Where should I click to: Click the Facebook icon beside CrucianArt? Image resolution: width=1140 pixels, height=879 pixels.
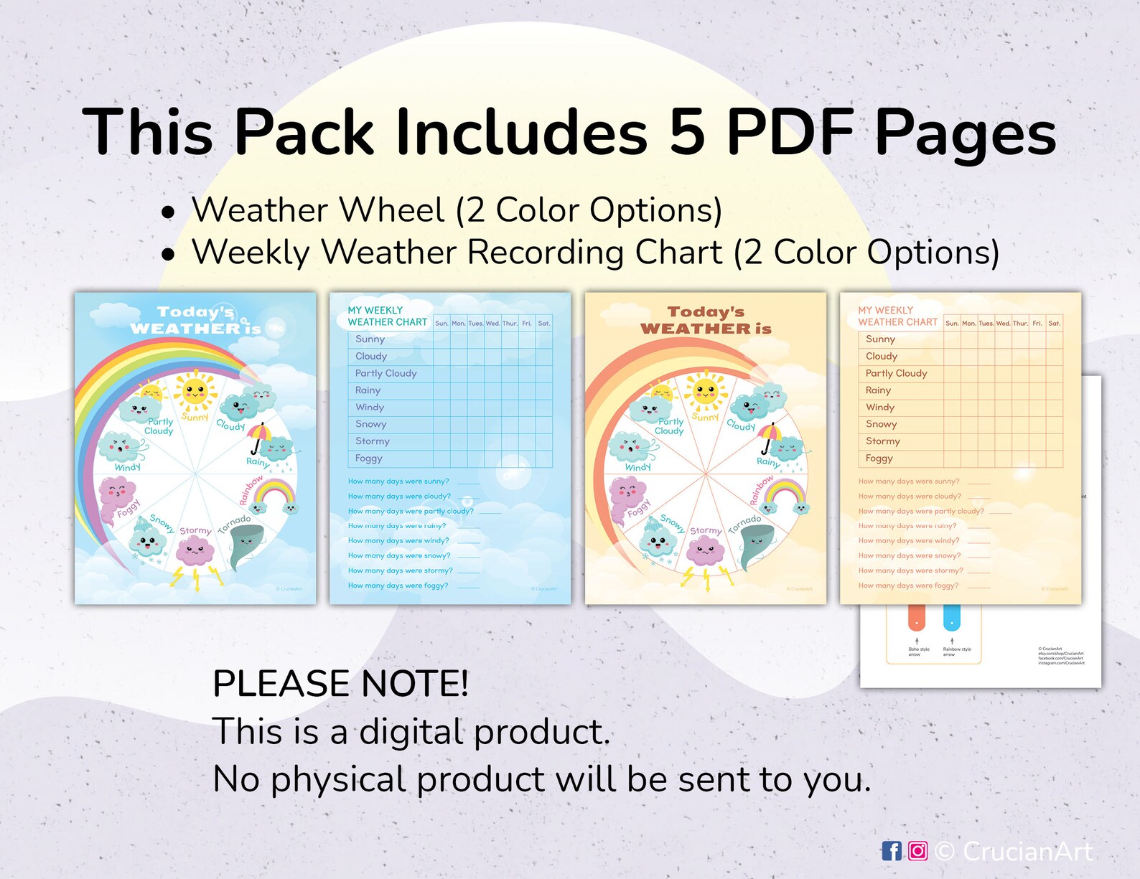point(892,852)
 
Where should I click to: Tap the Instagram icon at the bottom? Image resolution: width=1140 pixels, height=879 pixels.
point(917,852)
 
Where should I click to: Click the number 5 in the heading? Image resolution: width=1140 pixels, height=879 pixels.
point(687,132)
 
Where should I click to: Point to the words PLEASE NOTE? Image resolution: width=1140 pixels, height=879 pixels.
point(340,683)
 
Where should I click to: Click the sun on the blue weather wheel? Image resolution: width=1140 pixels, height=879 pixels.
point(195,391)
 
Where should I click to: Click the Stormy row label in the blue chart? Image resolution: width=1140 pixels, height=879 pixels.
point(373,441)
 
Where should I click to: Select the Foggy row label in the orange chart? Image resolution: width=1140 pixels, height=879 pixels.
point(879,459)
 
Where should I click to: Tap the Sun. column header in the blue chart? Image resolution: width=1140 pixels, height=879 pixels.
point(441,324)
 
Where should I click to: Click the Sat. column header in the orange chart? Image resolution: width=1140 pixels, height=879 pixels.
point(1054,324)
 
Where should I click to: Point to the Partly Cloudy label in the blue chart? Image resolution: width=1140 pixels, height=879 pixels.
point(386,373)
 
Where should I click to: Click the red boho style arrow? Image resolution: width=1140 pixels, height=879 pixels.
point(917,617)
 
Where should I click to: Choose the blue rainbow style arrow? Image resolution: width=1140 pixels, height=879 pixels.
point(952,617)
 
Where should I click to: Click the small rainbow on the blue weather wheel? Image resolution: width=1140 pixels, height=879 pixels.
point(276,495)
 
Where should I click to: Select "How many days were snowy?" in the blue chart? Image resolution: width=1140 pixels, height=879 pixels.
point(399,556)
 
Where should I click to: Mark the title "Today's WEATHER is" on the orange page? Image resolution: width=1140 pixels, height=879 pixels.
point(706,321)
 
